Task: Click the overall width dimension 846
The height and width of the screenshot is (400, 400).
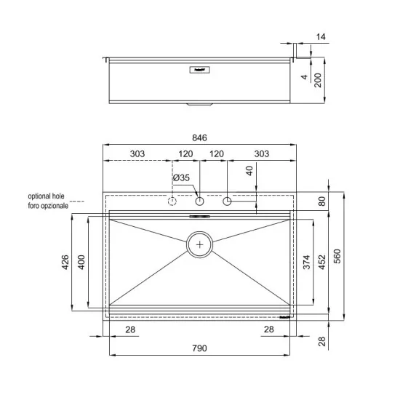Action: (200, 137)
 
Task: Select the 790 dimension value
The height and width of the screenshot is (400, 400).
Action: (200, 348)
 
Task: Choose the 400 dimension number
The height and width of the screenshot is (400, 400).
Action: (81, 262)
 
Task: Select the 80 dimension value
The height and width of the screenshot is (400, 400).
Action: (321, 202)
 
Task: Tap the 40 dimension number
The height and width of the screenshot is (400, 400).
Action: (249, 172)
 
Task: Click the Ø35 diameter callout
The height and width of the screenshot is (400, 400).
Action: (181, 177)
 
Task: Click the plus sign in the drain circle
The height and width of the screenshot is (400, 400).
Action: (200, 245)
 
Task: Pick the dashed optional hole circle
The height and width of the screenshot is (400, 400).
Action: (172, 201)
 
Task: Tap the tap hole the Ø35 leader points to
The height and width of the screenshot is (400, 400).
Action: (200, 201)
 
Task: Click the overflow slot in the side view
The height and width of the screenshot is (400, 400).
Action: (199, 71)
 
